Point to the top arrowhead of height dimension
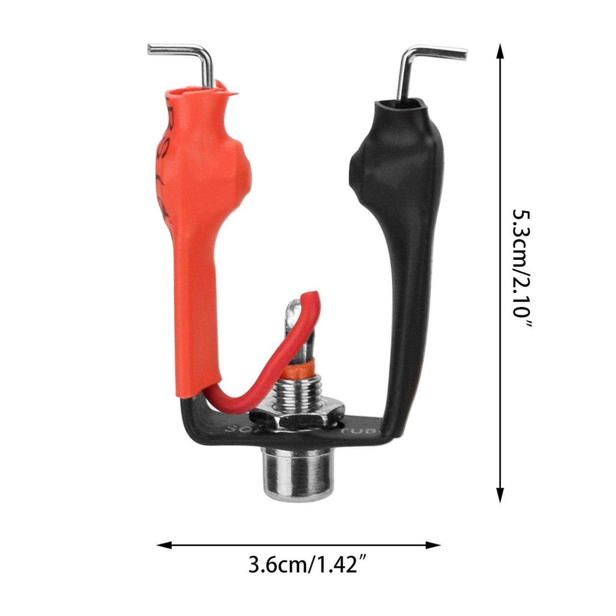coord(500,50)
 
